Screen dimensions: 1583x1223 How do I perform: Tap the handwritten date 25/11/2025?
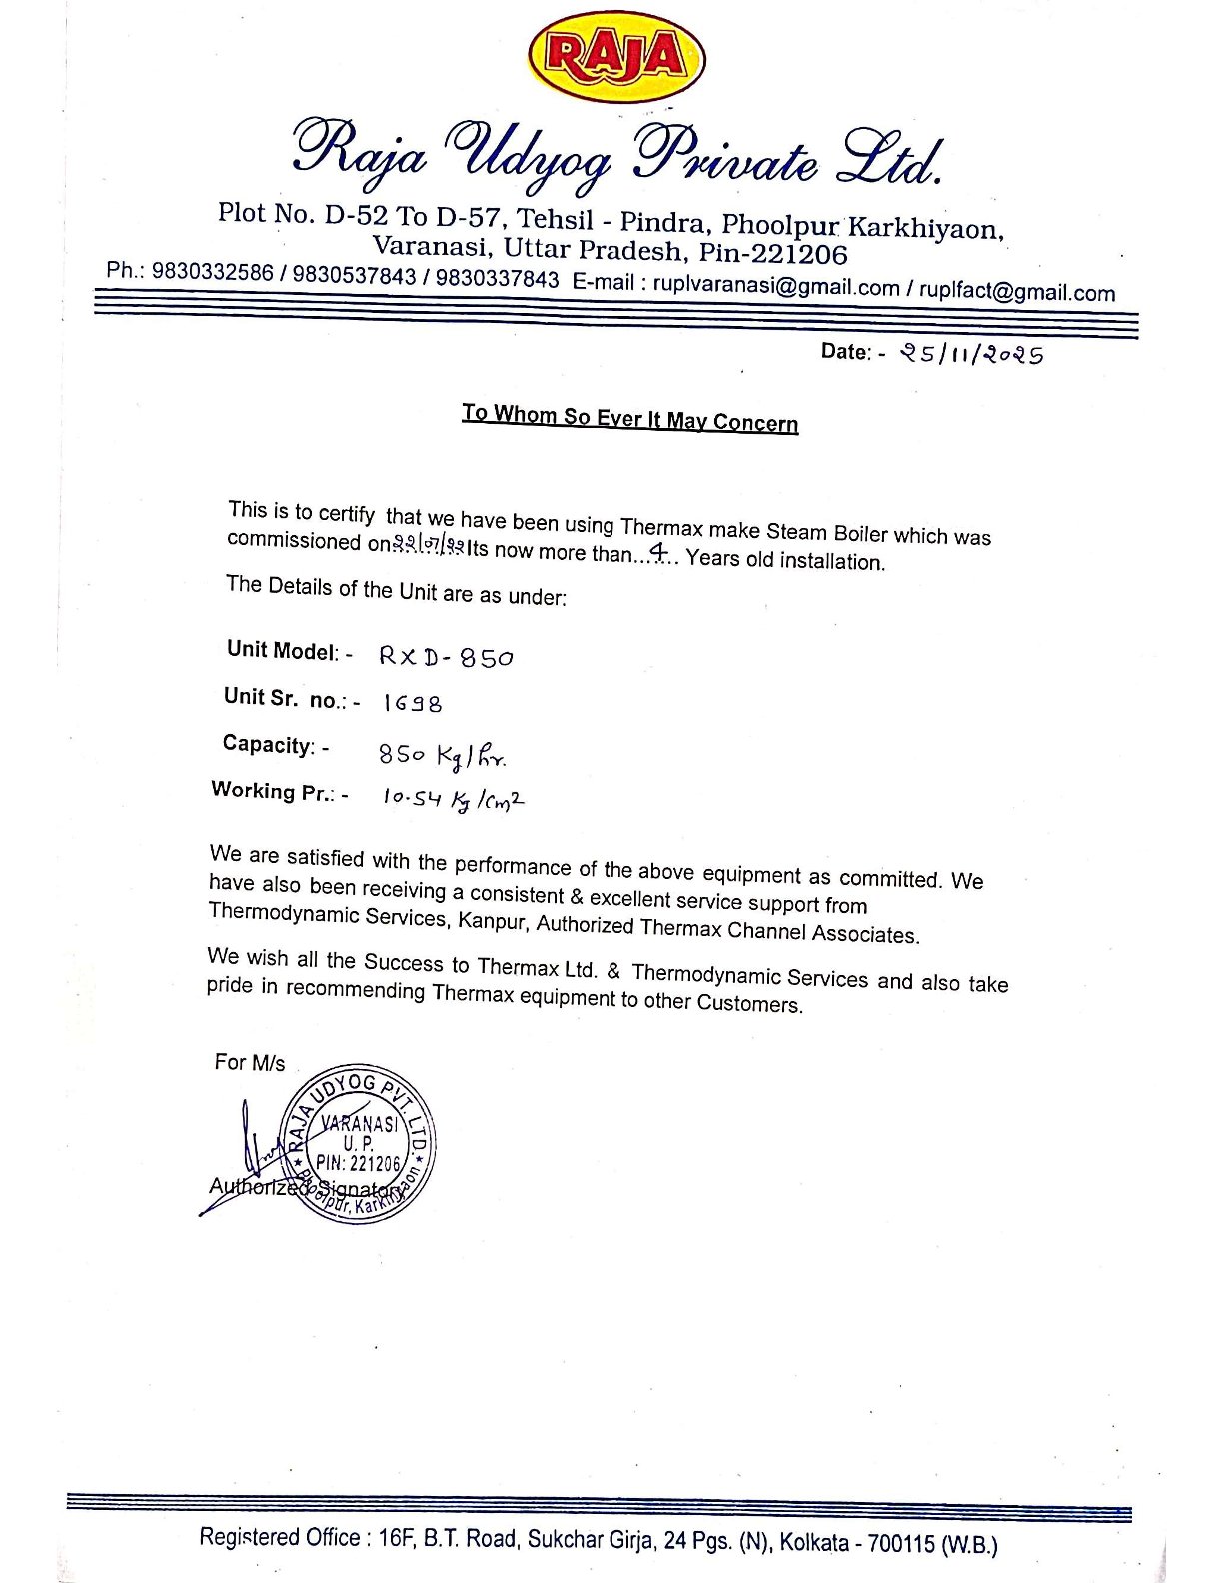tap(971, 353)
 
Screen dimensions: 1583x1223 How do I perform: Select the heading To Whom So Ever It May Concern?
tap(629, 417)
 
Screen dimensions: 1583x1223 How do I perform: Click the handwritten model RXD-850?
tap(446, 657)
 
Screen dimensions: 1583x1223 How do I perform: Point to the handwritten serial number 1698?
tap(412, 703)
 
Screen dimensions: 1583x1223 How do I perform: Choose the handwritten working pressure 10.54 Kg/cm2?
tap(454, 798)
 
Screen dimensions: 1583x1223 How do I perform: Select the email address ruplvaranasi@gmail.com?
tap(776, 287)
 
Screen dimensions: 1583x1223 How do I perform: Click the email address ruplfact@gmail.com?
tap(1017, 292)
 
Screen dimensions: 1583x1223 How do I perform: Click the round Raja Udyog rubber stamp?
tap(357, 1145)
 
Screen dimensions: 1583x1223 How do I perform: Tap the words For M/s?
tap(249, 1062)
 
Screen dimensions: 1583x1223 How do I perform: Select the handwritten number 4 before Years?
tap(658, 551)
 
